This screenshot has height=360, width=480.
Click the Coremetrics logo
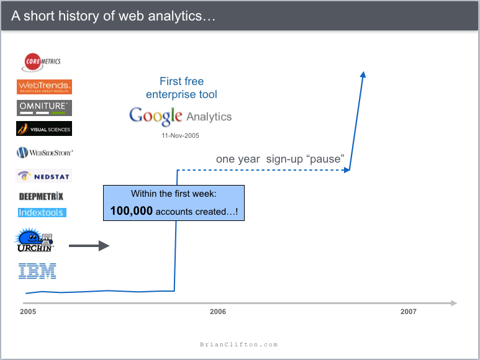coord(42,61)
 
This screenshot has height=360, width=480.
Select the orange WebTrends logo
coord(44,87)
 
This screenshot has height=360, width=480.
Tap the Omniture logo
coord(44,107)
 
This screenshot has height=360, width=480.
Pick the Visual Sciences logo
coord(44,128)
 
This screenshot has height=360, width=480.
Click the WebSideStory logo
coord(45,152)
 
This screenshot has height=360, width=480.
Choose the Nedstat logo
coord(44,176)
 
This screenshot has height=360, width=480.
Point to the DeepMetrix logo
coord(41,196)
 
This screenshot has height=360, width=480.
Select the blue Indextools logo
coord(42,212)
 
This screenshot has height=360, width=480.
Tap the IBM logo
coord(37,271)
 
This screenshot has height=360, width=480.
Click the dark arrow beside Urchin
coord(89,246)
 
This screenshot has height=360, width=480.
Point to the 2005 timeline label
coord(28,312)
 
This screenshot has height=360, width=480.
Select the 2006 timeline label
coord(218,312)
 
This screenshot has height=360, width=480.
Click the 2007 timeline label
coord(409,312)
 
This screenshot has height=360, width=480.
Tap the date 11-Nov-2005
coord(180,135)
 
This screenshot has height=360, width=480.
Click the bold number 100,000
coord(132,211)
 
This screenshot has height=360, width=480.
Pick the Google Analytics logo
coord(180,116)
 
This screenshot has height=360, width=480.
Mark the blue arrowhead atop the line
coord(363,74)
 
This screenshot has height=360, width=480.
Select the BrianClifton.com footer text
coord(239,344)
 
